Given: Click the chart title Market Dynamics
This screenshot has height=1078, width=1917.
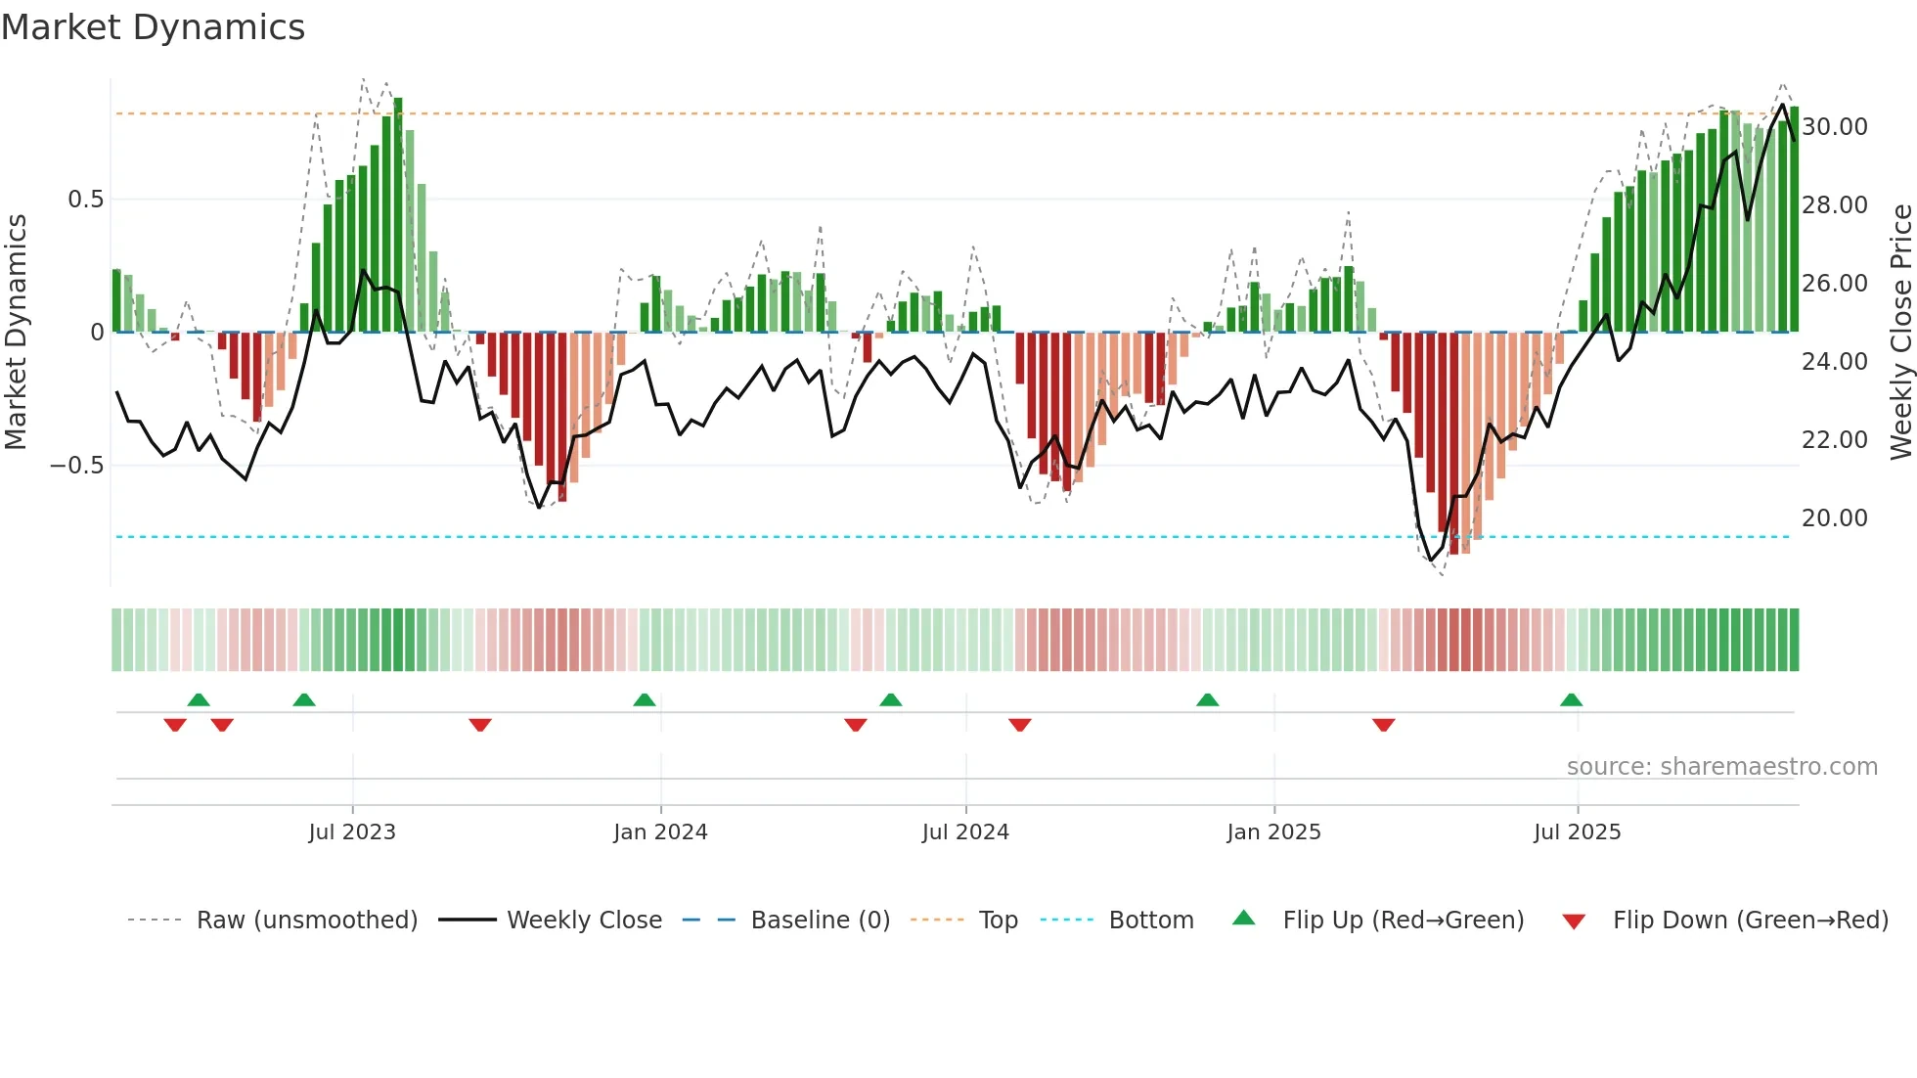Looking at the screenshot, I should pyautogui.click(x=153, y=27).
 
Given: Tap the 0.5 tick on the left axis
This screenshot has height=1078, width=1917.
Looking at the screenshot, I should pyautogui.click(x=85, y=200).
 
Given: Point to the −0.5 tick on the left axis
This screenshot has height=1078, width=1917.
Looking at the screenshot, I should pyautogui.click(x=77, y=466).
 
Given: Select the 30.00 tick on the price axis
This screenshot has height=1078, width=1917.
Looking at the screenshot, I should pyautogui.click(x=1834, y=127).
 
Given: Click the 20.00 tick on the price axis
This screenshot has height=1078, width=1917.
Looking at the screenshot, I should pyautogui.click(x=1834, y=518).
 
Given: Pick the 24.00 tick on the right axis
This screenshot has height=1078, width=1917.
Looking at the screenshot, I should pyautogui.click(x=1834, y=362).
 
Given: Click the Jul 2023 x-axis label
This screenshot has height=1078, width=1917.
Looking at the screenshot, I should pyautogui.click(x=352, y=832).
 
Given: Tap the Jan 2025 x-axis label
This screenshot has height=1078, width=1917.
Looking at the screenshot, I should pyautogui.click(x=1273, y=832).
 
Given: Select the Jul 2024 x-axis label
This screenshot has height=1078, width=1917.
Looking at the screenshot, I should pyautogui.click(x=965, y=832).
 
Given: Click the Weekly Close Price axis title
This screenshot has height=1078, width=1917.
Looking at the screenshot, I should pyautogui.click(x=1900, y=333).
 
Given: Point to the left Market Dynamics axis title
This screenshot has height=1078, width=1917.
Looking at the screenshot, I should pyautogui.click(x=16, y=333).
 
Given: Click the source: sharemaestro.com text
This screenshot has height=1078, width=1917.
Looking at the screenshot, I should pyautogui.click(x=1721, y=767).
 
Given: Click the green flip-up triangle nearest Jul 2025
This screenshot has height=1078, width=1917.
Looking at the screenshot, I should pyautogui.click(x=1571, y=700).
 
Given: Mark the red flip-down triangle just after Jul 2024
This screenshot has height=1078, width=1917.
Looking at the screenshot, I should pyautogui.click(x=1019, y=725).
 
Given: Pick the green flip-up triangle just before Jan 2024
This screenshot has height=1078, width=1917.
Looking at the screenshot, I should pyautogui.click(x=644, y=700).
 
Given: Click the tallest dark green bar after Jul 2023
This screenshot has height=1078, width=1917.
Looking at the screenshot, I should pyautogui.click(x=398, y=215).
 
